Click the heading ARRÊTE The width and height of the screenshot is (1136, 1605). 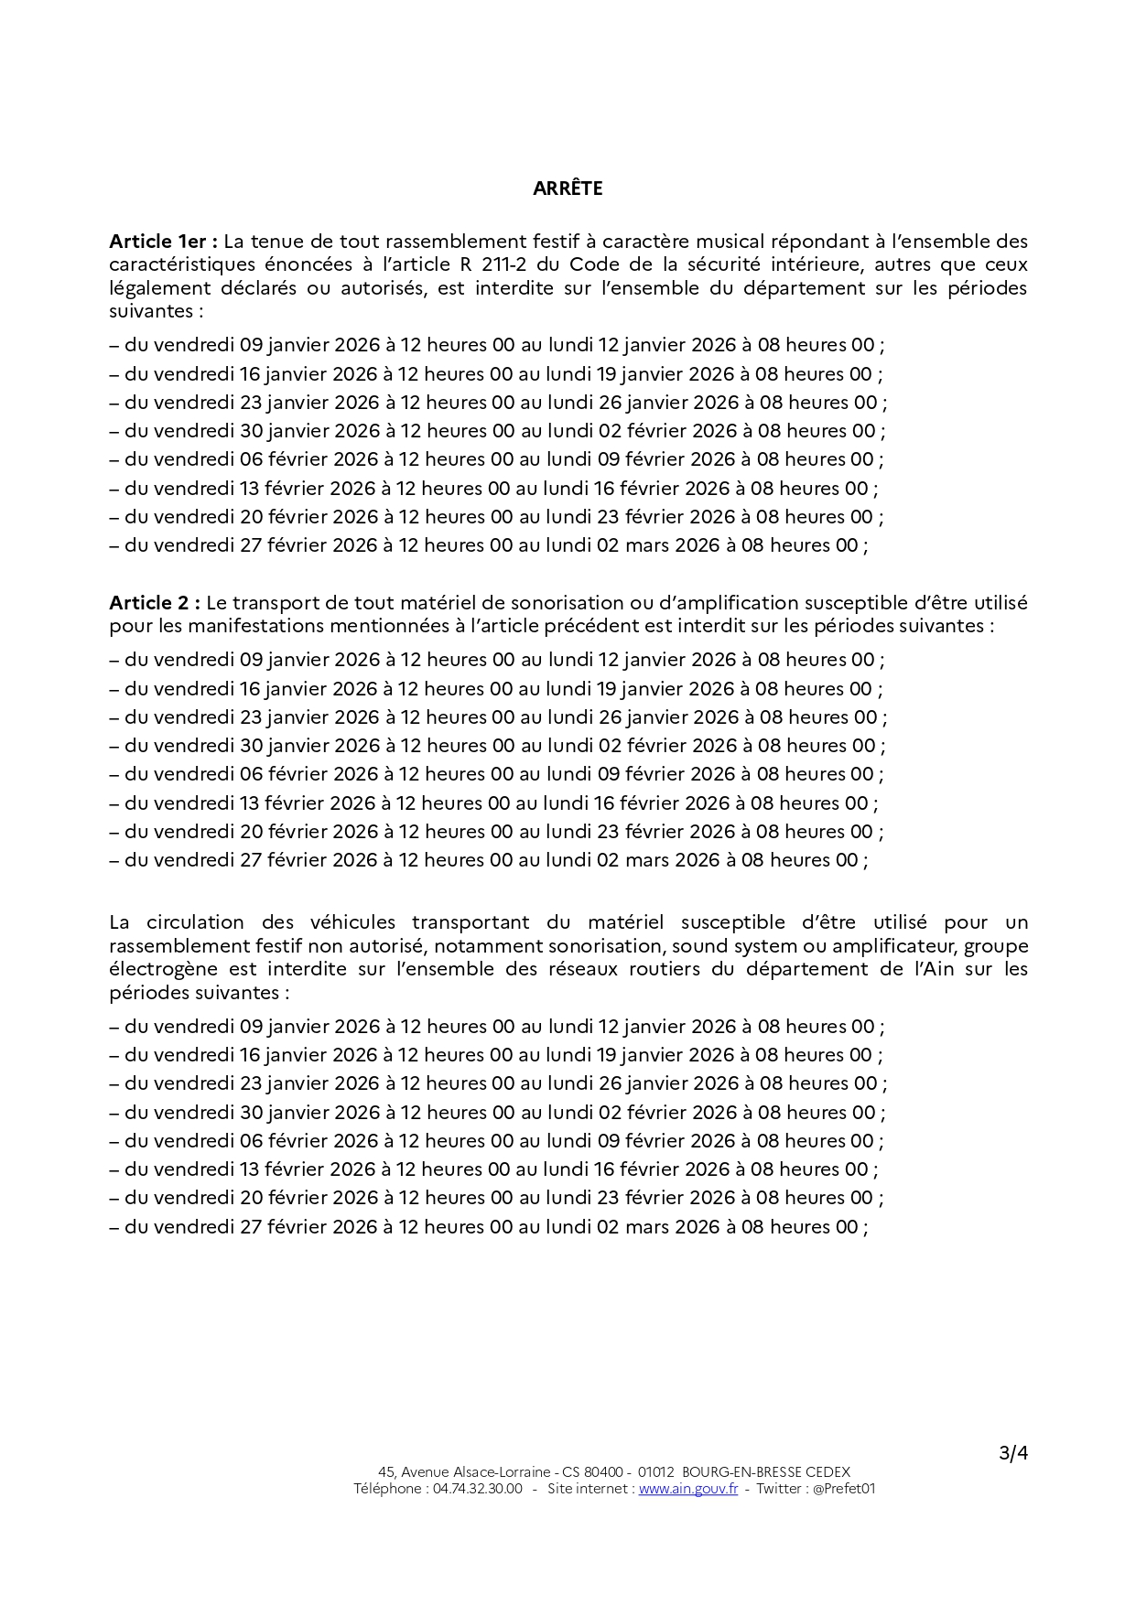[x=568, y=189]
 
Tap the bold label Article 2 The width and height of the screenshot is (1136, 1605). [x=154, y=603]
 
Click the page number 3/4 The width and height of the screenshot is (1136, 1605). [x=1013, y=1453]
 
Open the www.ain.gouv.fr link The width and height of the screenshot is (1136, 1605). [x=688, y=1489]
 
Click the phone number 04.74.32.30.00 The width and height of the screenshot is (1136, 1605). [x=477, y=1489]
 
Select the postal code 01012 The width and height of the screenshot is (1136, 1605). [x=656, y=1472]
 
